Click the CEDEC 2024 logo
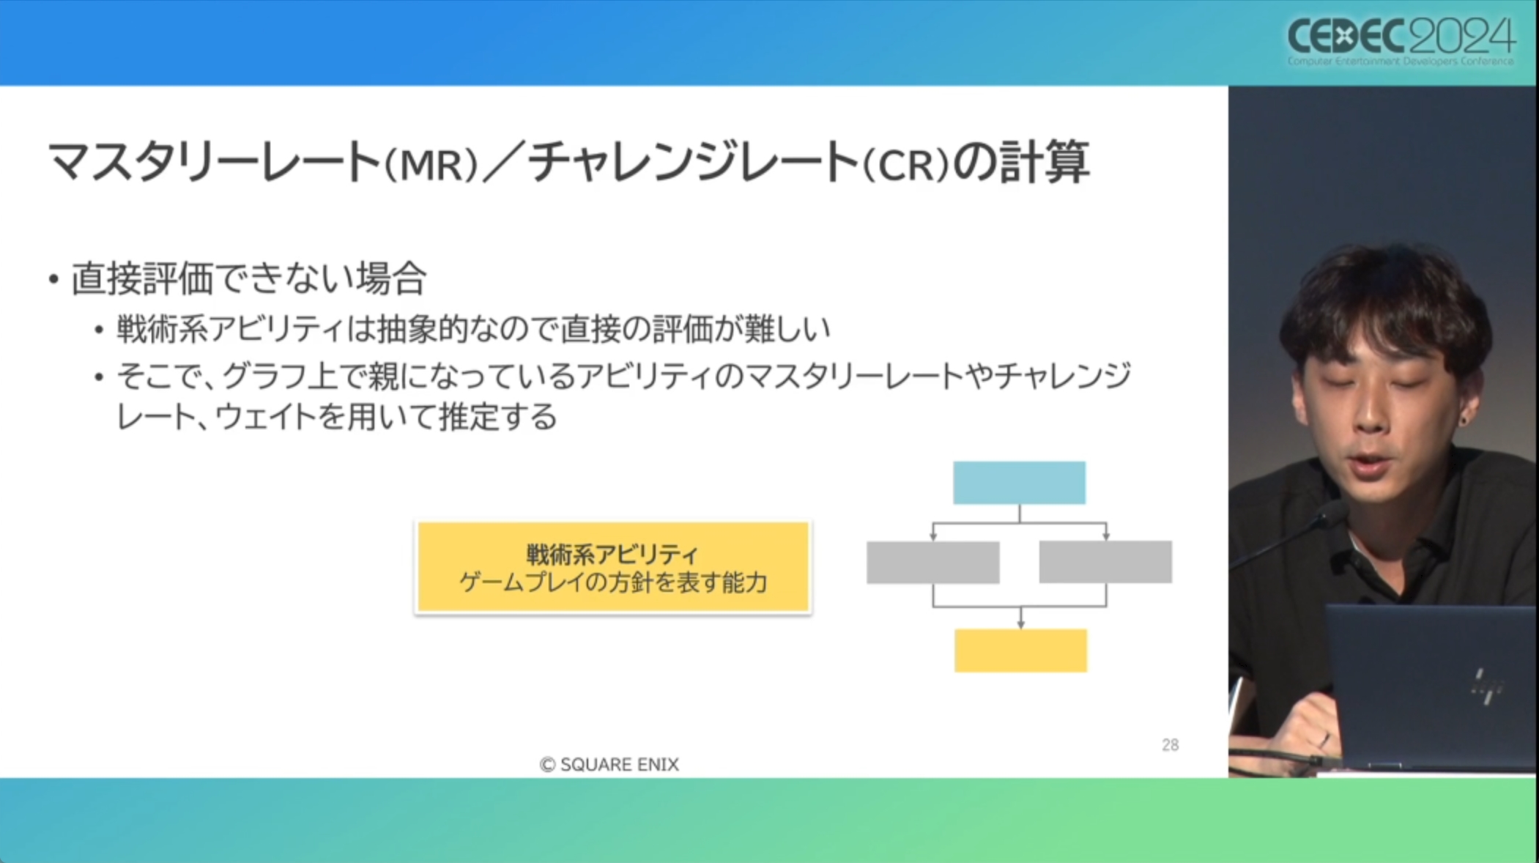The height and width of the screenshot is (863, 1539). click(x=1400, y=40)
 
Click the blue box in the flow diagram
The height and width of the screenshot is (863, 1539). click(x=1019, y=483)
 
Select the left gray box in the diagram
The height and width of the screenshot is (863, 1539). click(x=932, y=562)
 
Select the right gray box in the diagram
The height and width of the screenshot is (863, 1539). click(x=1105, y=562)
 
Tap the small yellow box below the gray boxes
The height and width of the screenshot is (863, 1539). click(x=1020, y=650)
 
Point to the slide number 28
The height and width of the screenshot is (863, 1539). click(x=1170, y=745)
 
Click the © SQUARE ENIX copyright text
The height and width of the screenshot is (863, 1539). click(x=609, y=764)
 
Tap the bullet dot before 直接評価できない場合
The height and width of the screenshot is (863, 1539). click(x=53, y=280)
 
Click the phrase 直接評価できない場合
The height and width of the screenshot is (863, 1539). click(x=248, y=278)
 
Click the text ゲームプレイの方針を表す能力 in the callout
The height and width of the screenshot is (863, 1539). click(x=612, y=583)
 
